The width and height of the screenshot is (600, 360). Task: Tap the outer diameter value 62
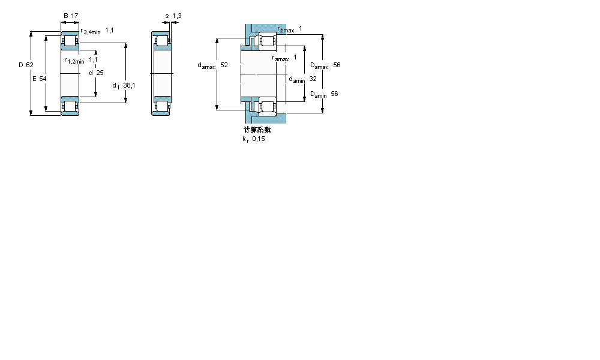click(29, 65)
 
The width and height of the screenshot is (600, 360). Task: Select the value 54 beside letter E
click(43, 79)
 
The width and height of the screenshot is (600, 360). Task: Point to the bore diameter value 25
click(100, 73)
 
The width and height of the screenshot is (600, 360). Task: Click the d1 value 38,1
click(129, 85)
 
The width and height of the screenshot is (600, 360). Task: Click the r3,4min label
click(90, 31)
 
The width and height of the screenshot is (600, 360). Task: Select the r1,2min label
click(74, 61)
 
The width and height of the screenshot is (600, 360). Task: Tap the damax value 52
click(224, 65)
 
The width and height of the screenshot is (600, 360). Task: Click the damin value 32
click(313, 79)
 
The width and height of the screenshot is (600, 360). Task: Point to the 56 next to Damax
click(337, 65)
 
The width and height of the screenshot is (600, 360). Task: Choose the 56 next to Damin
click(335, 94)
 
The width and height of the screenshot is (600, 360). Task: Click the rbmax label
click(286, 29)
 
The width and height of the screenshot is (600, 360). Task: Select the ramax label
click(281, 58)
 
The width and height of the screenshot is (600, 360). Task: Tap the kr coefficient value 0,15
click(259, 139)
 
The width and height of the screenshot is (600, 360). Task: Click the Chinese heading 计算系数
click(257, 130)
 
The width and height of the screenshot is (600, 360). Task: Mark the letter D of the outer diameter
click(20, 65)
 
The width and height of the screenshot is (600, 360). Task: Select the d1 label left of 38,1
click(116, 86)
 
